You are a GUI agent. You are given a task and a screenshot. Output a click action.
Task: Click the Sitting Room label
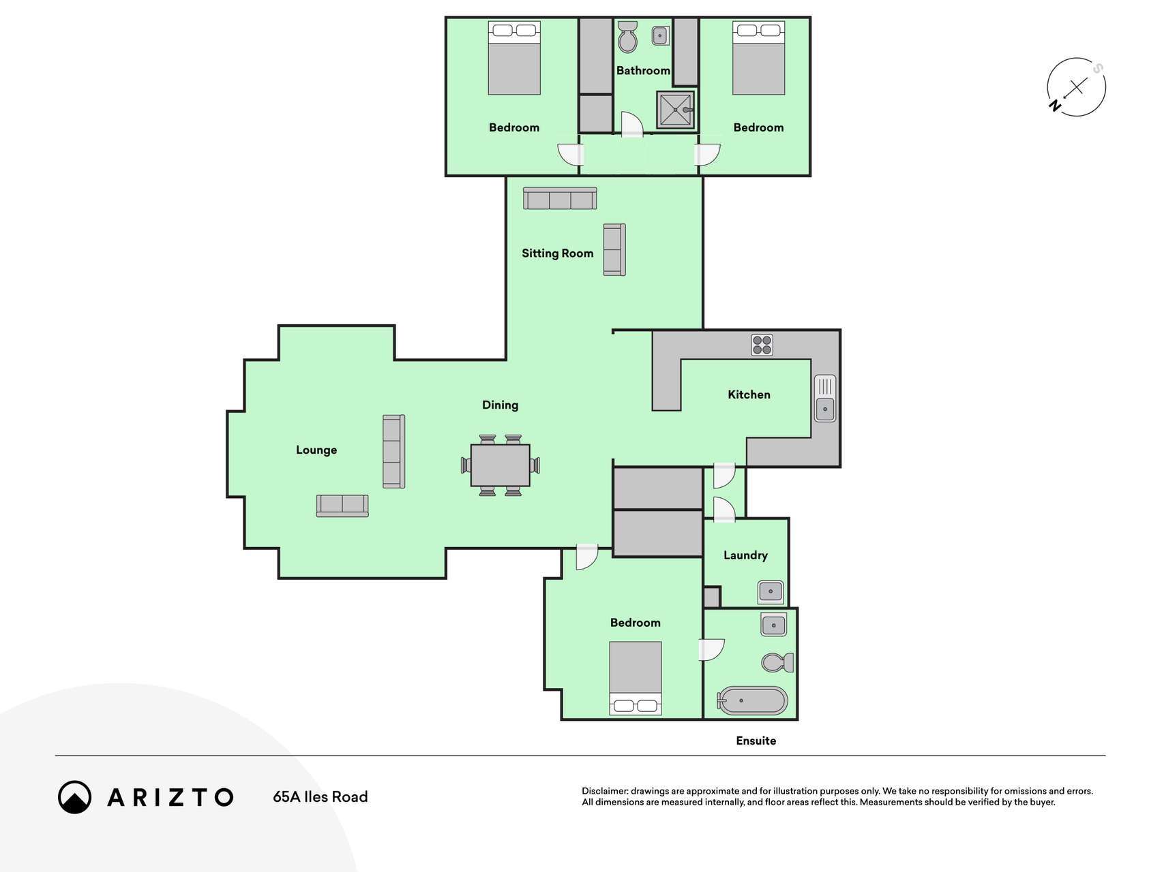tap(557, 253)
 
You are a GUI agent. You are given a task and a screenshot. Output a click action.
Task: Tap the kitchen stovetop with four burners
tap(762, 345)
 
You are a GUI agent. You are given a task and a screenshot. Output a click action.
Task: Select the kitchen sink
tap(824, 398)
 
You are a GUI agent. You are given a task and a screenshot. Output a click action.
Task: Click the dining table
tap(500, 465)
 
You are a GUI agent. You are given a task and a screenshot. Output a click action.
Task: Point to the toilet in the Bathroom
tap(627, 36)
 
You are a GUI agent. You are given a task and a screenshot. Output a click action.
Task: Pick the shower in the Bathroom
tap(676, 110)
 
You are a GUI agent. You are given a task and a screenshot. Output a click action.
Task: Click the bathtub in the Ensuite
tap(752, 700)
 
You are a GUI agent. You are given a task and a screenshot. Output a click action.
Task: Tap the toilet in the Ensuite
tap(777, 662)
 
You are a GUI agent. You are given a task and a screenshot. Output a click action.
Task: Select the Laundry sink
tap(771, 592)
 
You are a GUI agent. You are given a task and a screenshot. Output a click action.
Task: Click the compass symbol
tap(1076, 87)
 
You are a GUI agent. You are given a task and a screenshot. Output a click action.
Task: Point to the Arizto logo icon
tap(74, 797)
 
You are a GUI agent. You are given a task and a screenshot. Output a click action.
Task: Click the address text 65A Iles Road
tap(320, 797)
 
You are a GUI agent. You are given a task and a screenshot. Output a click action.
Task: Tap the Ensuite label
tap(756, 741)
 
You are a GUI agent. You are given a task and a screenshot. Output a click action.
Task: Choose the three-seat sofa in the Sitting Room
tap(560, 198)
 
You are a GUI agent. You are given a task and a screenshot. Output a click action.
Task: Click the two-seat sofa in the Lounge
tap(342, 505)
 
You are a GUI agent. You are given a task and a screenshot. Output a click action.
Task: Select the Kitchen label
tap(749, 394)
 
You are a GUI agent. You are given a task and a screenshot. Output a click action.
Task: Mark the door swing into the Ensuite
tap(711, 650)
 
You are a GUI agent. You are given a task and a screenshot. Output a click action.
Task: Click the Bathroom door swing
tap(632, 124)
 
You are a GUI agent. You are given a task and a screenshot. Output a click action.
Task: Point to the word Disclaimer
tap(604, 791)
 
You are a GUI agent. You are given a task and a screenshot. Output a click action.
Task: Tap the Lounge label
tap(316, 450)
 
